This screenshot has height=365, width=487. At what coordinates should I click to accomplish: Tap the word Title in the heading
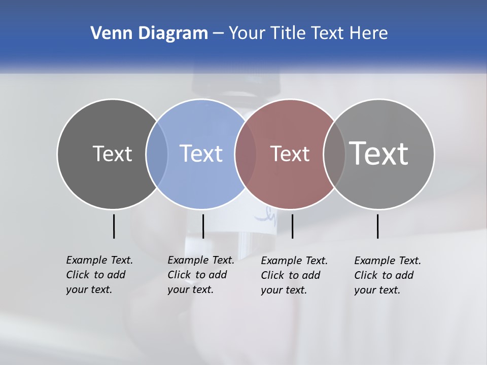pos(288,33)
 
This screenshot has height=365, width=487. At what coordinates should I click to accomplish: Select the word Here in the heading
pos(368,33)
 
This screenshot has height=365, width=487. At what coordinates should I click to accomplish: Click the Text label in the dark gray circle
pos(112,154)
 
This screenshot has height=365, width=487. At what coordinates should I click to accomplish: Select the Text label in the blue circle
pos(201,154)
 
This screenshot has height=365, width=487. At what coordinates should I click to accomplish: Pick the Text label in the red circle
pos(290,154)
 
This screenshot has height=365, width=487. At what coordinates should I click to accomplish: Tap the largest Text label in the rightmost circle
pos(379,153)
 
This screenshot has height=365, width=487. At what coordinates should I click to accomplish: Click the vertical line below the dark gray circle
pos(114,226)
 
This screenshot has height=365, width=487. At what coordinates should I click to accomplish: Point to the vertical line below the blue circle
pos(203,226)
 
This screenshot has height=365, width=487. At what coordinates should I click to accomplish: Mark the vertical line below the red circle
pos(292,226)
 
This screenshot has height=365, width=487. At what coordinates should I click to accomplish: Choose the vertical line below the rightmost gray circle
pos(377,226)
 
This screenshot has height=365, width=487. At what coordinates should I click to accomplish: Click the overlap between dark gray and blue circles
pos(157,154)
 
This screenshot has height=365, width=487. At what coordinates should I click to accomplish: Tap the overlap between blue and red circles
pos(246,154)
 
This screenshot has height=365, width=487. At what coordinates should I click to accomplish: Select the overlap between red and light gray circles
pos(334,154)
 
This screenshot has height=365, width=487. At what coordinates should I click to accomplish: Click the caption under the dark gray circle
pos(99,275)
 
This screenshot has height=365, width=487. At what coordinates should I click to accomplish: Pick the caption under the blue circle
pos(201,275)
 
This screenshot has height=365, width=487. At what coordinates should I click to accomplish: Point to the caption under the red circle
pos(294,275)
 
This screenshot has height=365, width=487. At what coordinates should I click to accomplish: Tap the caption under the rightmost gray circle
pos(388,275)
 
